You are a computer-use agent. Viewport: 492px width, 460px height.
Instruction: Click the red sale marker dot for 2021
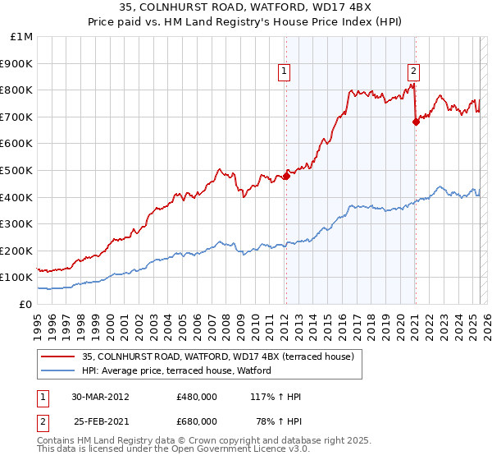click(416, 122)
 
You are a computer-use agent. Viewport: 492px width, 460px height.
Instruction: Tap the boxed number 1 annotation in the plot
click(284, 71)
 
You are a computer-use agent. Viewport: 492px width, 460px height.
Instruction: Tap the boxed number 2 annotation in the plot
click(413, 71)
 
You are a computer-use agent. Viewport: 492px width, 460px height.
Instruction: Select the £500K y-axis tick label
click(16, 170)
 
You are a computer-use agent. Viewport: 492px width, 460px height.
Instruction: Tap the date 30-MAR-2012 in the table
click(100, 397)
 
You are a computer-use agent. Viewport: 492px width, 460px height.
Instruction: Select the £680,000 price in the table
click(197, 421)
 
